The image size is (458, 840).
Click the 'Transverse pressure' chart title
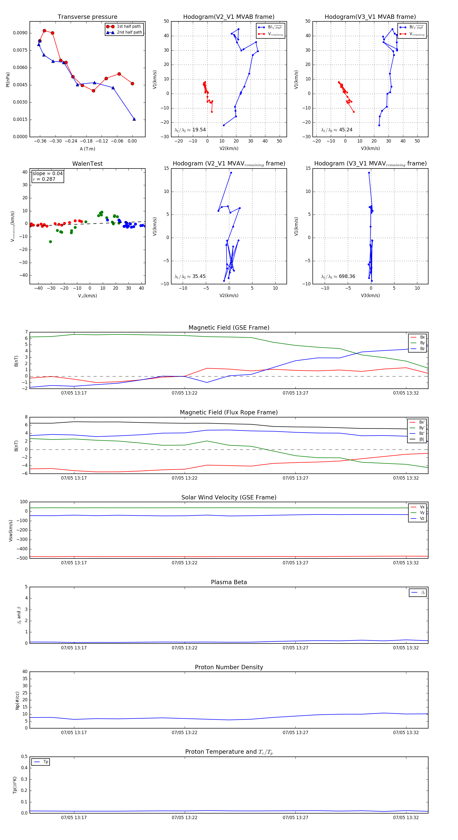[87, 17]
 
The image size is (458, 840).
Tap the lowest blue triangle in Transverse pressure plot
[134, 119]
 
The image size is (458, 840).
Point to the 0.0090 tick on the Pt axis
[20, 33]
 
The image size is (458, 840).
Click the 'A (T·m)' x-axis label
[87, 149]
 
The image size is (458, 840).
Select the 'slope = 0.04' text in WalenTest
[47, 174]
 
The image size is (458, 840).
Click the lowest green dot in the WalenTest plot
[51, 242]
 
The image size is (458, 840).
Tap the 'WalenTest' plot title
[87, 164]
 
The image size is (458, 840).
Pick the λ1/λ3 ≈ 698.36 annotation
[338, 276]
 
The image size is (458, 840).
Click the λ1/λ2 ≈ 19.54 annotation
[190, 130]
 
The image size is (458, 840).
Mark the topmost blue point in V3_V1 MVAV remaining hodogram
[369, 173]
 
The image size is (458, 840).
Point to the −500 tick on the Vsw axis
[22, 558]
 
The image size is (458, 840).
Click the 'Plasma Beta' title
[228, 582]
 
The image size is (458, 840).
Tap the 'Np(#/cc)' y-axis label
[17, 700]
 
